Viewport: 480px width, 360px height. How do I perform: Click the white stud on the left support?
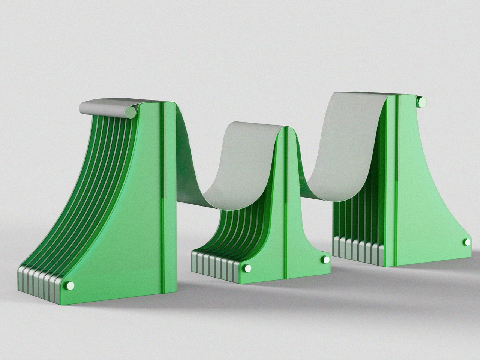click(70, 286)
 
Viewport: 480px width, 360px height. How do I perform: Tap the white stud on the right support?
click(467, 242)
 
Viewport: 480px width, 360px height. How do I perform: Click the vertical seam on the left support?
click(163, 199)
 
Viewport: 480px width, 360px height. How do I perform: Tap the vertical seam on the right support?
click(396, 180)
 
